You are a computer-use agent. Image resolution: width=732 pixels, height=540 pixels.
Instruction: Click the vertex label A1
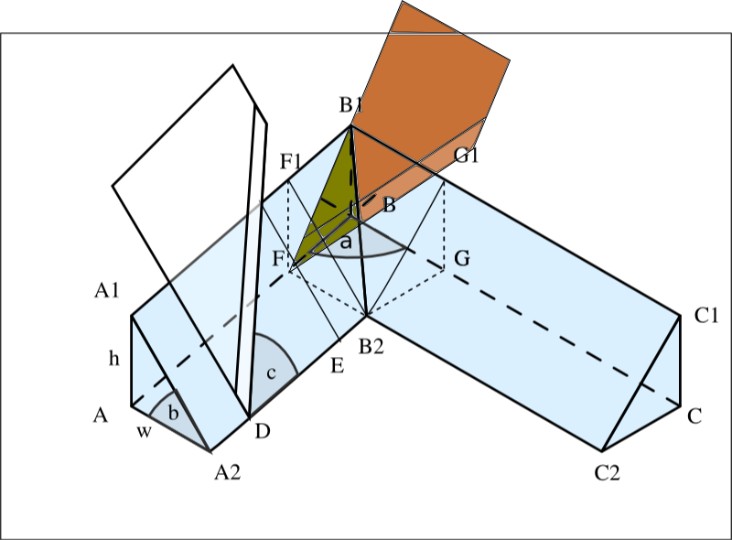click(106, 290)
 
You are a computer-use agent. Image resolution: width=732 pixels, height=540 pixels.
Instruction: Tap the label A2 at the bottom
click(227, 473)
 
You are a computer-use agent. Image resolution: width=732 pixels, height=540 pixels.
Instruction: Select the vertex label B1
click(351, 105)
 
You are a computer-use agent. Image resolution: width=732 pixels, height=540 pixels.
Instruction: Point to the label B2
click(371, 347)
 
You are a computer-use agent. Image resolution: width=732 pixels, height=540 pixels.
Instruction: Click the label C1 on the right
click(706, 316)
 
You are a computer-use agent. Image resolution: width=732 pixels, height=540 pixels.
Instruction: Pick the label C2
click(608, 473)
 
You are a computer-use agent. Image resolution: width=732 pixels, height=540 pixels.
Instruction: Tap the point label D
click(263, 431)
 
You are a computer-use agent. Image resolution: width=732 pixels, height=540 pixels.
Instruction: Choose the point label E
click(338, 366)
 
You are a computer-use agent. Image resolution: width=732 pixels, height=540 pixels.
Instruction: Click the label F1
click(290, 162)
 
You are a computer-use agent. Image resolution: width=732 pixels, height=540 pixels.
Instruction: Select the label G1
click(467, 155)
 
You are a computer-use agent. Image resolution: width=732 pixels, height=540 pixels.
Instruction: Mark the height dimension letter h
click(113, 358)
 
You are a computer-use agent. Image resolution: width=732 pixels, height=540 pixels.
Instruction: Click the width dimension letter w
click(144, 432)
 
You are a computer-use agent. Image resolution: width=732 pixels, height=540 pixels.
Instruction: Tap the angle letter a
click(346, 243)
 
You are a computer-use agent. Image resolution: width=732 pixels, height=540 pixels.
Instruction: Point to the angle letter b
click(173, 413)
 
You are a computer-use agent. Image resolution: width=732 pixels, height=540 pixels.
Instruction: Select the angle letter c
click(271, 373)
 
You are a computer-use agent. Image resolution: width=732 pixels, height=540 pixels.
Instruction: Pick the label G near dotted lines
click(462, 258)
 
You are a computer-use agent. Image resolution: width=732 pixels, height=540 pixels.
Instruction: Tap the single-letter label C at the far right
click(694, 416)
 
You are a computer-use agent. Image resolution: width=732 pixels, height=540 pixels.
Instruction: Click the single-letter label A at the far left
click(101, 415)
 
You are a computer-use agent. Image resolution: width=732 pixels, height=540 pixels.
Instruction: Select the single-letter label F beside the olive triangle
click(278, 258)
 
